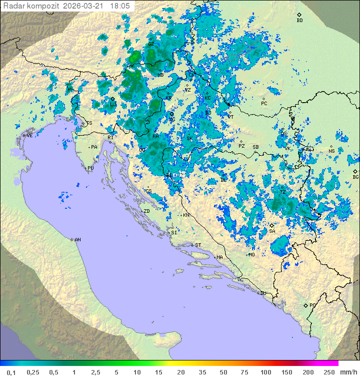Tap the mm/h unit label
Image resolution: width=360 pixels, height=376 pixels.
coord(348,372)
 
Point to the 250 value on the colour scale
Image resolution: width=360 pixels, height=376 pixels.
coord(329,372)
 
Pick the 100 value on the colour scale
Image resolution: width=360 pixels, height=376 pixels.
coord(265,372)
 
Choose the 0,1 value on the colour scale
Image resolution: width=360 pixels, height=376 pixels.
coord(10,372)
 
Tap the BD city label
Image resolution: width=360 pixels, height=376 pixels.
coord(299,21)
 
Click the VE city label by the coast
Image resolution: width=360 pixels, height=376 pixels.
coord(29,136)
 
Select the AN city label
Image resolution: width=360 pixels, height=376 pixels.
coord(77,240)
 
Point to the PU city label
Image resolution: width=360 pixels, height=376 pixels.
coord(90,168)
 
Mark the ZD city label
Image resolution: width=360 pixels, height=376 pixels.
coord(146,211)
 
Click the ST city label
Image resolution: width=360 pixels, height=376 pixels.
coord(198,245)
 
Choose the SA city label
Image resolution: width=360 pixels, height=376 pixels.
coord(272,231)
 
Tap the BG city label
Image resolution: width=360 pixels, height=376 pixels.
coord(355,177)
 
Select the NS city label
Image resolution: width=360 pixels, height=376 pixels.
coord(331,151)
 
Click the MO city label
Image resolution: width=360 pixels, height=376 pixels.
coord(251,255)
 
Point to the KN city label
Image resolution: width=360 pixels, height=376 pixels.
coord(186,215)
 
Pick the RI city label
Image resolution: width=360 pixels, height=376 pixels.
coord(111,137)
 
